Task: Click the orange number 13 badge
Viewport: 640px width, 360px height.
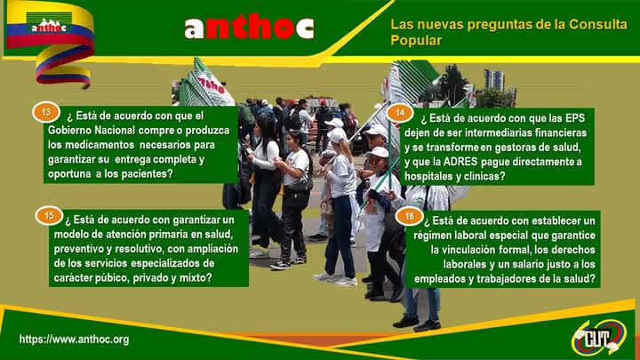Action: pos(46,112)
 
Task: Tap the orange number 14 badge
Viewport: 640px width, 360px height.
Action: pos(400,112)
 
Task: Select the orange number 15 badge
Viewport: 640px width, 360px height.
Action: pos(49,215)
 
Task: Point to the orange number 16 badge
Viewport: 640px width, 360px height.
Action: pos(410,216)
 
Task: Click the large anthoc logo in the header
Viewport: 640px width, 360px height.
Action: pos(249,28)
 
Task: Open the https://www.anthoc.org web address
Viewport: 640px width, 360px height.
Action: pos(75,340)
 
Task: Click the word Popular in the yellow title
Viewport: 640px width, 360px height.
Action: pos(416,40)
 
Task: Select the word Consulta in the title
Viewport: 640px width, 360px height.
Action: pos(598,24)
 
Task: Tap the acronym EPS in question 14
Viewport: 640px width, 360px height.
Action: pos(575,118)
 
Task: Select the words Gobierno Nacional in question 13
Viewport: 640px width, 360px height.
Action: pos(91,130)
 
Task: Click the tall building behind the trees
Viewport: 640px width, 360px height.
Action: pos(494,79)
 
